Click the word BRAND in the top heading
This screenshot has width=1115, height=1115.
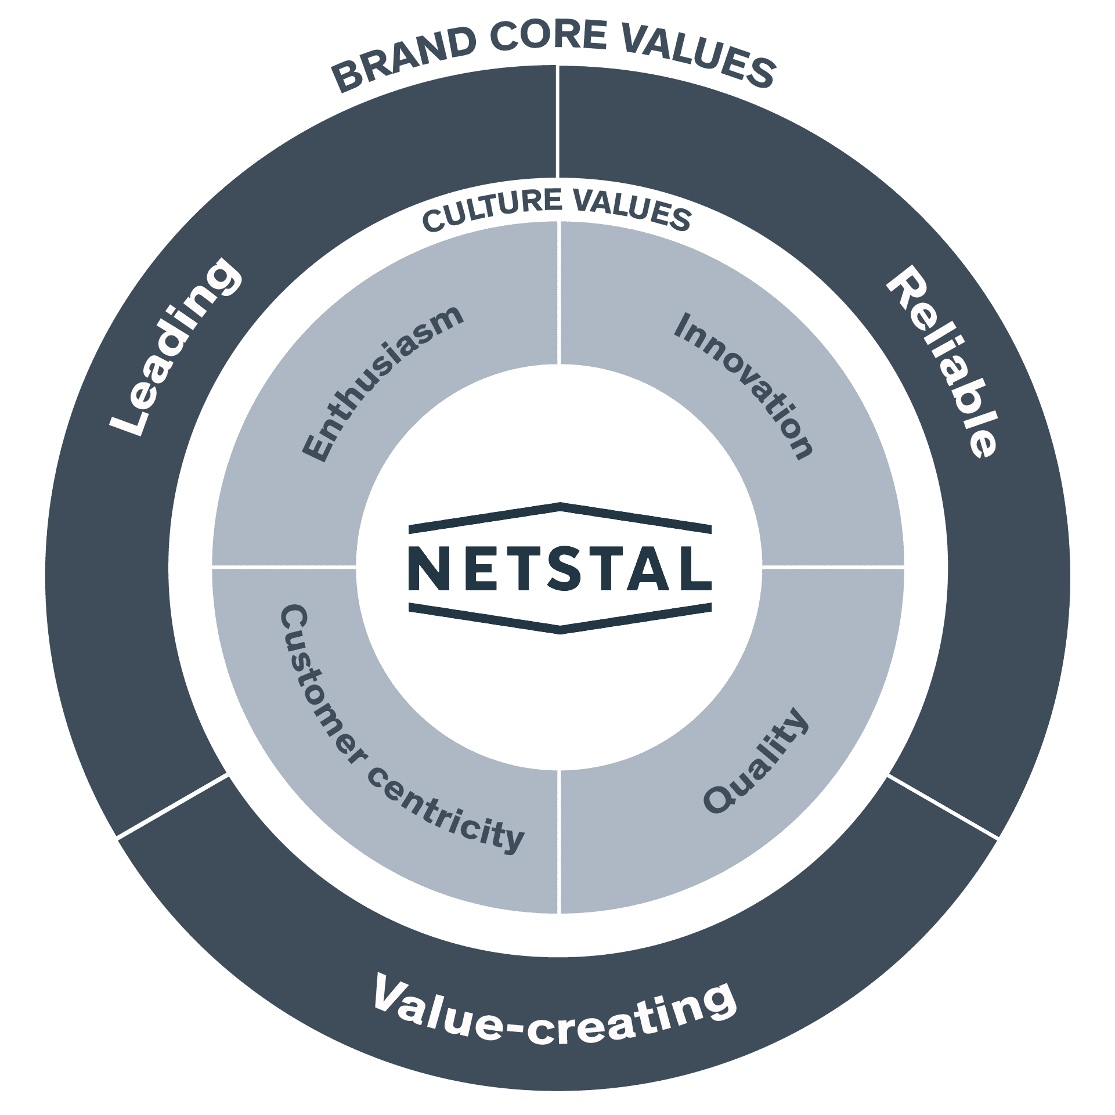pyautogui.click(x=403, y=64)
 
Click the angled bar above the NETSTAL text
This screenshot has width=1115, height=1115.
pyautogui.click(x=560, y=511)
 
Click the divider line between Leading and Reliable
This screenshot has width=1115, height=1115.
pyautogui.click(x=557, y=122)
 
